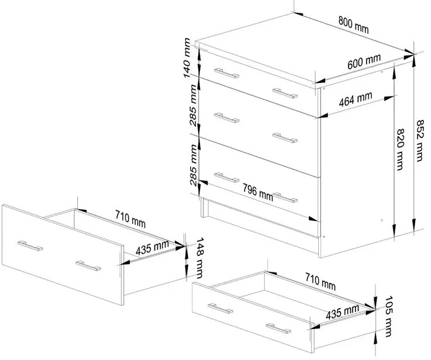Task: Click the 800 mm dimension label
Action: (353, 25)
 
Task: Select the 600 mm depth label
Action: (364, 61)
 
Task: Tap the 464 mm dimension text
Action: (356, 99)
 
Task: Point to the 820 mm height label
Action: (400, 150)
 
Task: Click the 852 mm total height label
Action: (419, 140)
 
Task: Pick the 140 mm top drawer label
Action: (187, 58)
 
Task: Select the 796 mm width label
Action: (257, 192)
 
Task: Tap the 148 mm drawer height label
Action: (200, 258)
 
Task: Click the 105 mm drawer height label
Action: (388, 316)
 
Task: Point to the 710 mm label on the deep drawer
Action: (130, 219)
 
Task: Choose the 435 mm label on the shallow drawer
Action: (342, 312)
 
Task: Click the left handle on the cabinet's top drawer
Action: (226, 73)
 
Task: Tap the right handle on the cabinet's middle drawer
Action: (285, 138)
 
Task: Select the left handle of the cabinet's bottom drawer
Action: (226, 178)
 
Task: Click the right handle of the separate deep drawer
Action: (88, 266)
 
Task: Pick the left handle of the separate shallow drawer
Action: (220, 309)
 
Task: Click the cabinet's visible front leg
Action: (204, 207)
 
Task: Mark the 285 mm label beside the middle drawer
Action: (194, 105)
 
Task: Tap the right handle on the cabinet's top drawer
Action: (285, 93)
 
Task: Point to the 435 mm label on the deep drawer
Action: (152, 248)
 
